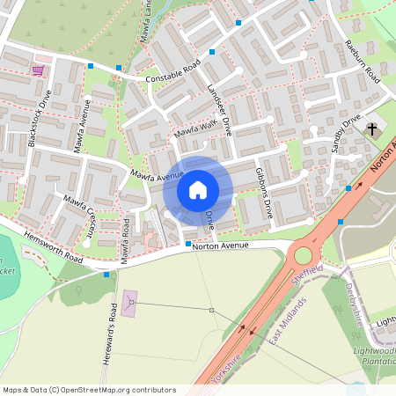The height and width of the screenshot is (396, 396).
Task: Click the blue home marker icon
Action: click(197, 189)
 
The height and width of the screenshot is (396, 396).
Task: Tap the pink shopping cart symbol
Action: click(38, 70)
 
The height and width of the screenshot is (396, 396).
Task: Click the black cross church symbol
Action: click(372, 129)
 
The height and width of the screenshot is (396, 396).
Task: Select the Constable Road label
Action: click(173, 70)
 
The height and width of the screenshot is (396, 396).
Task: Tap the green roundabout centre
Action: click(304, 255)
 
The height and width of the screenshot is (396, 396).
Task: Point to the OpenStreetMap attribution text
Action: click(89, 389)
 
